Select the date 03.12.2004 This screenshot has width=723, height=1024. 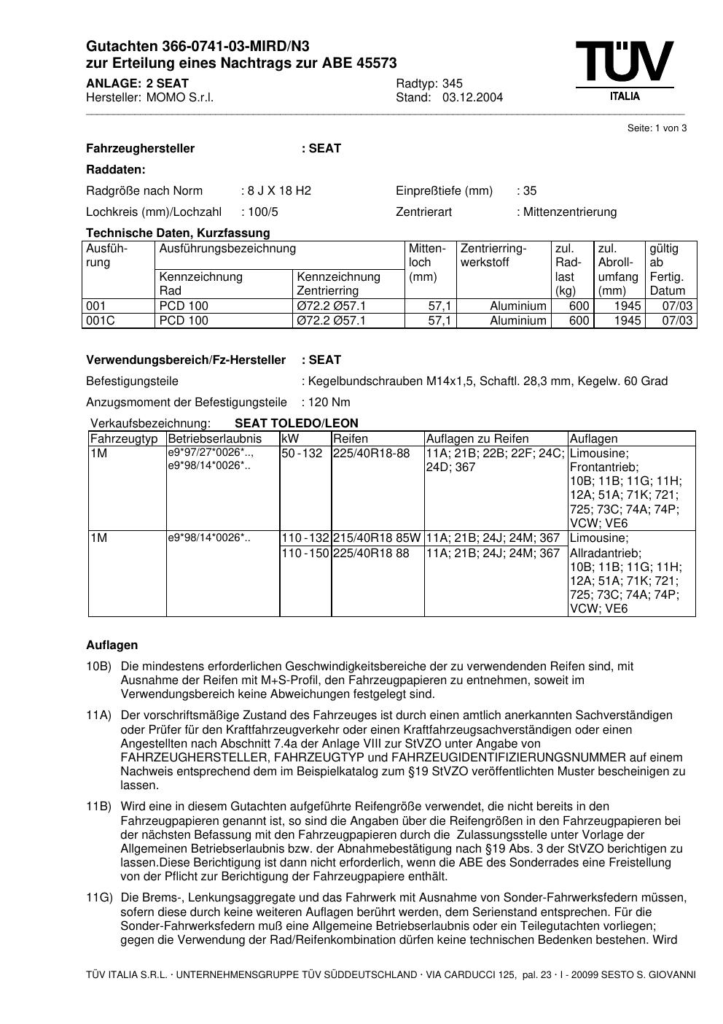coord(472,98)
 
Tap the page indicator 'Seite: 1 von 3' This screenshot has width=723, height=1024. coord(657,128)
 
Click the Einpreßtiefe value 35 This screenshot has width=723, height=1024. coord(530,191)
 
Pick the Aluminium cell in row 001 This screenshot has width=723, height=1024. coord(517,306)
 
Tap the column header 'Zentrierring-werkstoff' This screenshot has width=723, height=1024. coord(493,255)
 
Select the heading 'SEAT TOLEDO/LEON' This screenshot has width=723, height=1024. coord(296,424)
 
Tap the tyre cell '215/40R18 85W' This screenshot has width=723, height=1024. coord(377,538)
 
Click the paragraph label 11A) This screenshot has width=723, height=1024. coord(98,715)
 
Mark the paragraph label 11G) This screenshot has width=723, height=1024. coord(98,898)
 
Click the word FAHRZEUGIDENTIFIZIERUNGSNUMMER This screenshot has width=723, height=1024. coord(508,758)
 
